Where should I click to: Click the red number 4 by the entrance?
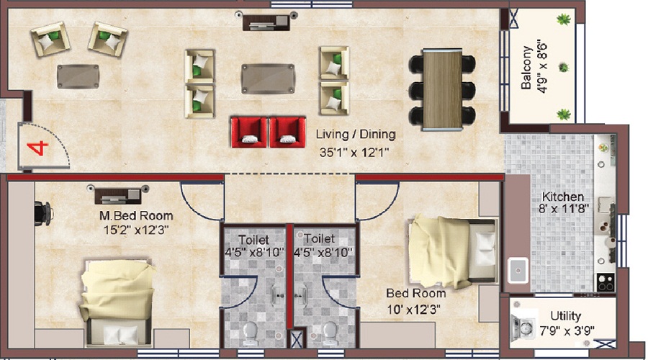tap(37, 148)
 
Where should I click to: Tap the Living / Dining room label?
tap(356, 135)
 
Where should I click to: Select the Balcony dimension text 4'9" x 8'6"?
tap(542, 66)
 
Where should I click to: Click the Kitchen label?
tap(563, 197)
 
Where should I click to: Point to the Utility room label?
tap(565, 316)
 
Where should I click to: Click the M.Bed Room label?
tap(136, 216)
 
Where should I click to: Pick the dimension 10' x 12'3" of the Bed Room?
tap(414, 309)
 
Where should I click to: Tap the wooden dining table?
tap(442, 90)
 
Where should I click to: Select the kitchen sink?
tap(518, 270)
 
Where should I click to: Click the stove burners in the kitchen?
tap(606, 282)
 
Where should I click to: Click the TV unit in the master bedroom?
tap(118, 195)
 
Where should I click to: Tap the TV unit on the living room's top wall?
tap(266, 22)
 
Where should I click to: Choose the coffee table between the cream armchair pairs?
tap(269, 78)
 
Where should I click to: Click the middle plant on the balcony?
tap(563, 67)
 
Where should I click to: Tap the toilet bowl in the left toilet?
tap(251, 333)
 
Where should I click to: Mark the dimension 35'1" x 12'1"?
tap(354, 153)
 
